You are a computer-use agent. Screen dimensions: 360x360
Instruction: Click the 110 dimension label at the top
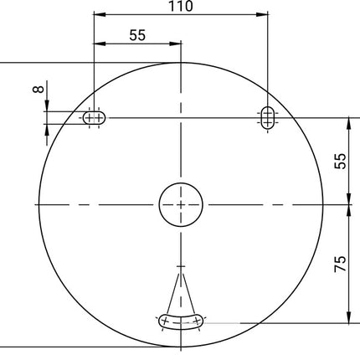pos(180,7)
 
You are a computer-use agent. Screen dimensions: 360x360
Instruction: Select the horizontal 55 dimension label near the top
pos(137,35)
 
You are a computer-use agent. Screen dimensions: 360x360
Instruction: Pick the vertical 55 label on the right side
pos(340,162)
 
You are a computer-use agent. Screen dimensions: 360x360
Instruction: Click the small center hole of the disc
pos(181,203)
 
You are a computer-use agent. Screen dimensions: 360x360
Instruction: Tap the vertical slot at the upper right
pos(267,117)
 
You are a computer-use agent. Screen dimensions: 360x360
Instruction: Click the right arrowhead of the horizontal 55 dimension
pos(176,44)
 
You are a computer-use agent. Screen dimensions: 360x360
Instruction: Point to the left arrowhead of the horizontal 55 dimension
pos(98,44)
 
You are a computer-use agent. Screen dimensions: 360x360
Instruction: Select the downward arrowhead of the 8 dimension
pos(47,105)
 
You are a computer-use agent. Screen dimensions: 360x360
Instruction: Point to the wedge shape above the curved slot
pos(181,289)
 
